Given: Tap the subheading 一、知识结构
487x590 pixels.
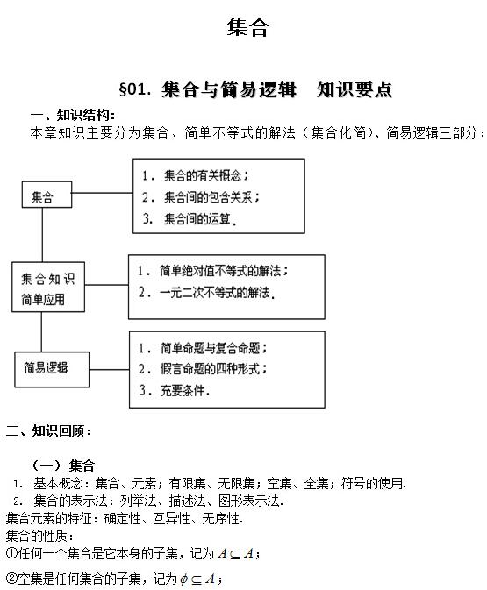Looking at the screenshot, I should [x=71, y=115].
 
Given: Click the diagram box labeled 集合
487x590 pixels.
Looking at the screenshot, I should [x=47, y=194].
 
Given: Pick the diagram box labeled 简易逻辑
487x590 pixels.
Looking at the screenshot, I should [x=53, y=368].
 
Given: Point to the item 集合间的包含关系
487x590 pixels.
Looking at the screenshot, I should [x=216, y=196].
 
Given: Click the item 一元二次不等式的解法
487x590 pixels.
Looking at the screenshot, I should [x=218, y=294].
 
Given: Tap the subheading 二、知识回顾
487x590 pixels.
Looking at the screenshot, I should [x=49, y=430].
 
